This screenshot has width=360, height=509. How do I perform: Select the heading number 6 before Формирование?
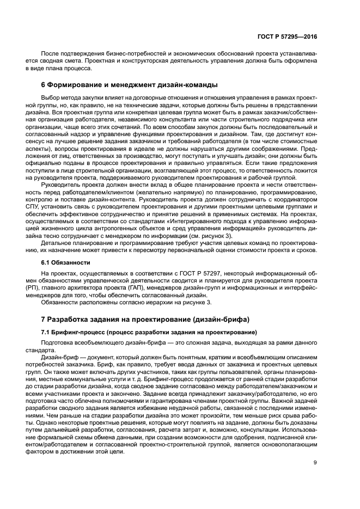pos(44,85)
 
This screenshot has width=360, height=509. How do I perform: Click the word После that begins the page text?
pos(51,56)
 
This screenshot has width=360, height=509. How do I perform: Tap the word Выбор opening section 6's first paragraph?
pos(51,97)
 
